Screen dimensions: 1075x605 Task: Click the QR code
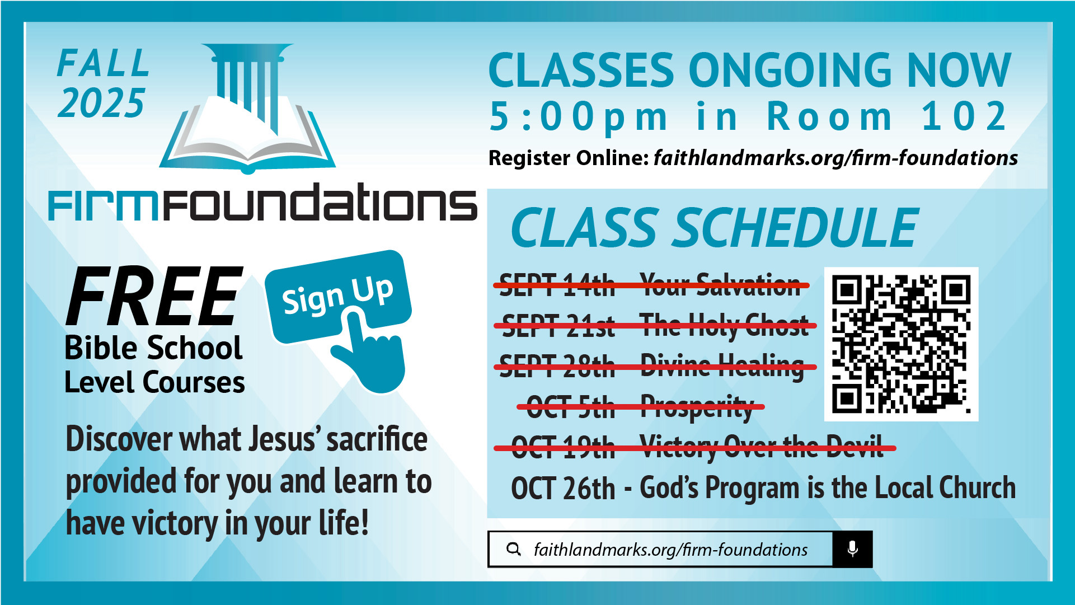901,344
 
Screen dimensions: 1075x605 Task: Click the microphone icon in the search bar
852,549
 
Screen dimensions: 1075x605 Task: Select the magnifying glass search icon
513,549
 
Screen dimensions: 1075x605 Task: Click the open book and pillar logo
247,107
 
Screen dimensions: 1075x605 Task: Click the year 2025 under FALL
101,103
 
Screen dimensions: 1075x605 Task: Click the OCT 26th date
563,488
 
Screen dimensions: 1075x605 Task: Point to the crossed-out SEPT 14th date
557,285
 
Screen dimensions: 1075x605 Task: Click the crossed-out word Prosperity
697,407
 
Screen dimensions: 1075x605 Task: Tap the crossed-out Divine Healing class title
722,367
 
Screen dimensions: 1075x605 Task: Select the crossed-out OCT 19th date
563,448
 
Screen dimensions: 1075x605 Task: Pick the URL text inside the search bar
670,550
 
